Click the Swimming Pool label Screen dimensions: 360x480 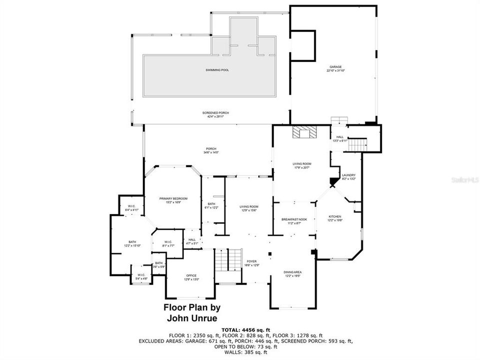[x=217, y=70]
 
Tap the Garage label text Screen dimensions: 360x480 [x=335, y=68]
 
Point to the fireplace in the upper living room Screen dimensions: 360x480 [x=304, y=132]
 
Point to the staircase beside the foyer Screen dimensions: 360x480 [x=228, y=260]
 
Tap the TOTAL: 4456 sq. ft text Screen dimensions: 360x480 [x=246, y=329]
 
